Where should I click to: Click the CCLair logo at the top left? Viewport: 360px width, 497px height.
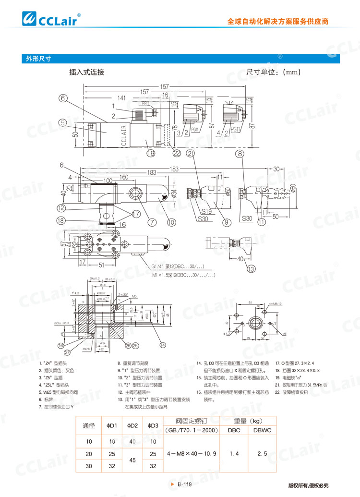click(x=53, y=19)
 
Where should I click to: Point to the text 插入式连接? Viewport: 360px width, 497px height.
click(x=86, y=73)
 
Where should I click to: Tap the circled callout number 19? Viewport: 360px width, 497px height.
click(x=151, y=153)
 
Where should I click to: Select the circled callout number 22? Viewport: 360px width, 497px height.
click(x=177, y=153)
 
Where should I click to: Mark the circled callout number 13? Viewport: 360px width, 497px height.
click(x=251, y=269)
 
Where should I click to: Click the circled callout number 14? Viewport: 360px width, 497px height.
click(x=163, y=345)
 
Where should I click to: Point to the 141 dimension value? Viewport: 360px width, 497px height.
click(x=122, y=98)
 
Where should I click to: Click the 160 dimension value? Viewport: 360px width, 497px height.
click(x=123, y=177)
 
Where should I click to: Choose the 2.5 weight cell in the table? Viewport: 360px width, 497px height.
click(x=262, y=453)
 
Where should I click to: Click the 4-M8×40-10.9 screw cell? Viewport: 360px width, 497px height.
click(x=191, y=453)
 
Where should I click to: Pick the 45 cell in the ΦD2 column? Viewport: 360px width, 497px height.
click(x=132, y=460)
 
